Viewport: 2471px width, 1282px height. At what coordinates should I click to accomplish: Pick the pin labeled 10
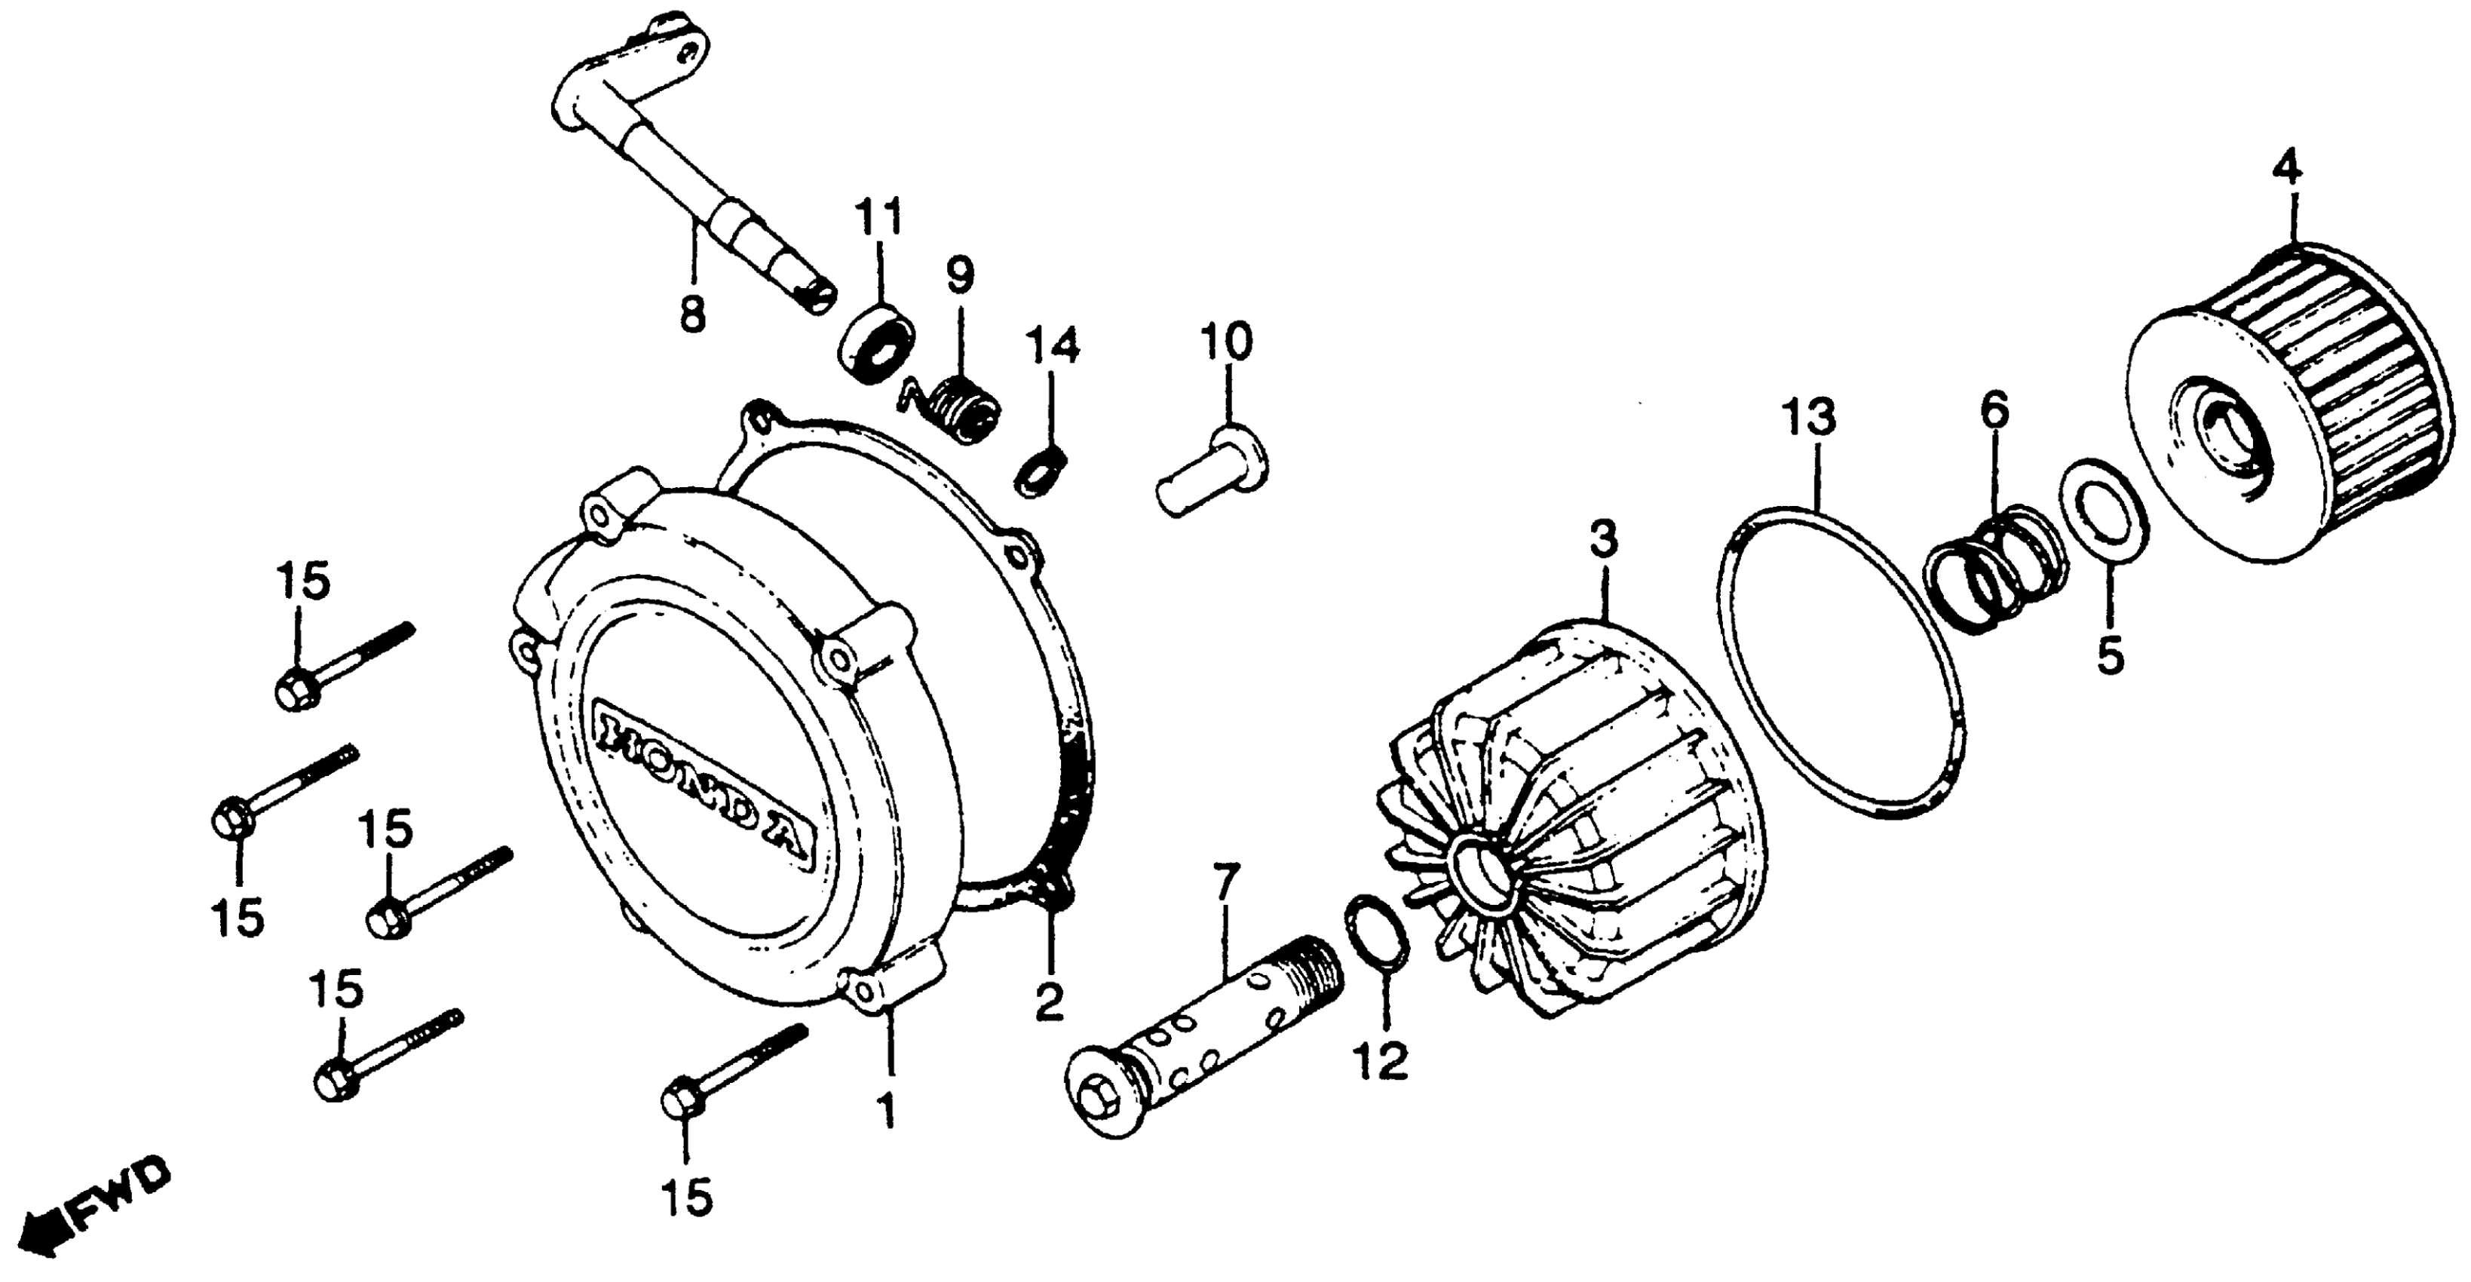(1213, 476)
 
